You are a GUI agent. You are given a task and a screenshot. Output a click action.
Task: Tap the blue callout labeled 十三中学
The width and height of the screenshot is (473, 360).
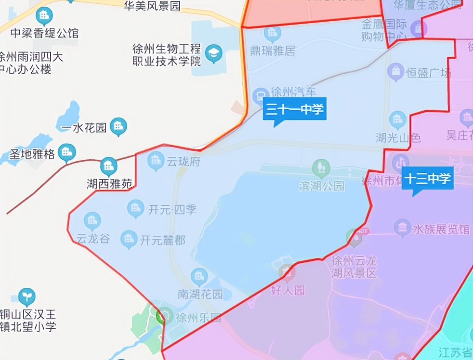pos(428,179)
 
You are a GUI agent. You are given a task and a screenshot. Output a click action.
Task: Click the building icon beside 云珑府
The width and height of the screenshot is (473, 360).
pos(156,160)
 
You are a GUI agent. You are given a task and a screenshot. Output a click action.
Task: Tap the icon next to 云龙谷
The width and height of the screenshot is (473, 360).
pos(92,221)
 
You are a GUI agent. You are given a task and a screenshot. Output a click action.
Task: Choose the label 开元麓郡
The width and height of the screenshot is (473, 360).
pos(162,240)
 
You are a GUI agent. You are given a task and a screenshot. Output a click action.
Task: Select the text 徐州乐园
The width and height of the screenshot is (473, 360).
pos(198,318)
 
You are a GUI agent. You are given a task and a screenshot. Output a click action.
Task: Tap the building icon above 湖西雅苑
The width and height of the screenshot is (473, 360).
pos(108,167)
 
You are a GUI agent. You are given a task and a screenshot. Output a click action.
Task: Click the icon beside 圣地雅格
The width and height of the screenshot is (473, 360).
pos(67,153)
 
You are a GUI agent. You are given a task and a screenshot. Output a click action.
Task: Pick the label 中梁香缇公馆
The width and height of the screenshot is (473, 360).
pos(44,33)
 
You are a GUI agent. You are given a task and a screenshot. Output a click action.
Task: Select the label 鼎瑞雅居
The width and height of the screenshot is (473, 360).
pos(273,51)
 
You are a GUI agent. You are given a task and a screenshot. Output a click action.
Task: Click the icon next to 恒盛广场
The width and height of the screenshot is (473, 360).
pos(396,73)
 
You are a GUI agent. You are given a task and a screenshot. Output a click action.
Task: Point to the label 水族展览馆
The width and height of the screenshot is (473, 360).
pos(441,229)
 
